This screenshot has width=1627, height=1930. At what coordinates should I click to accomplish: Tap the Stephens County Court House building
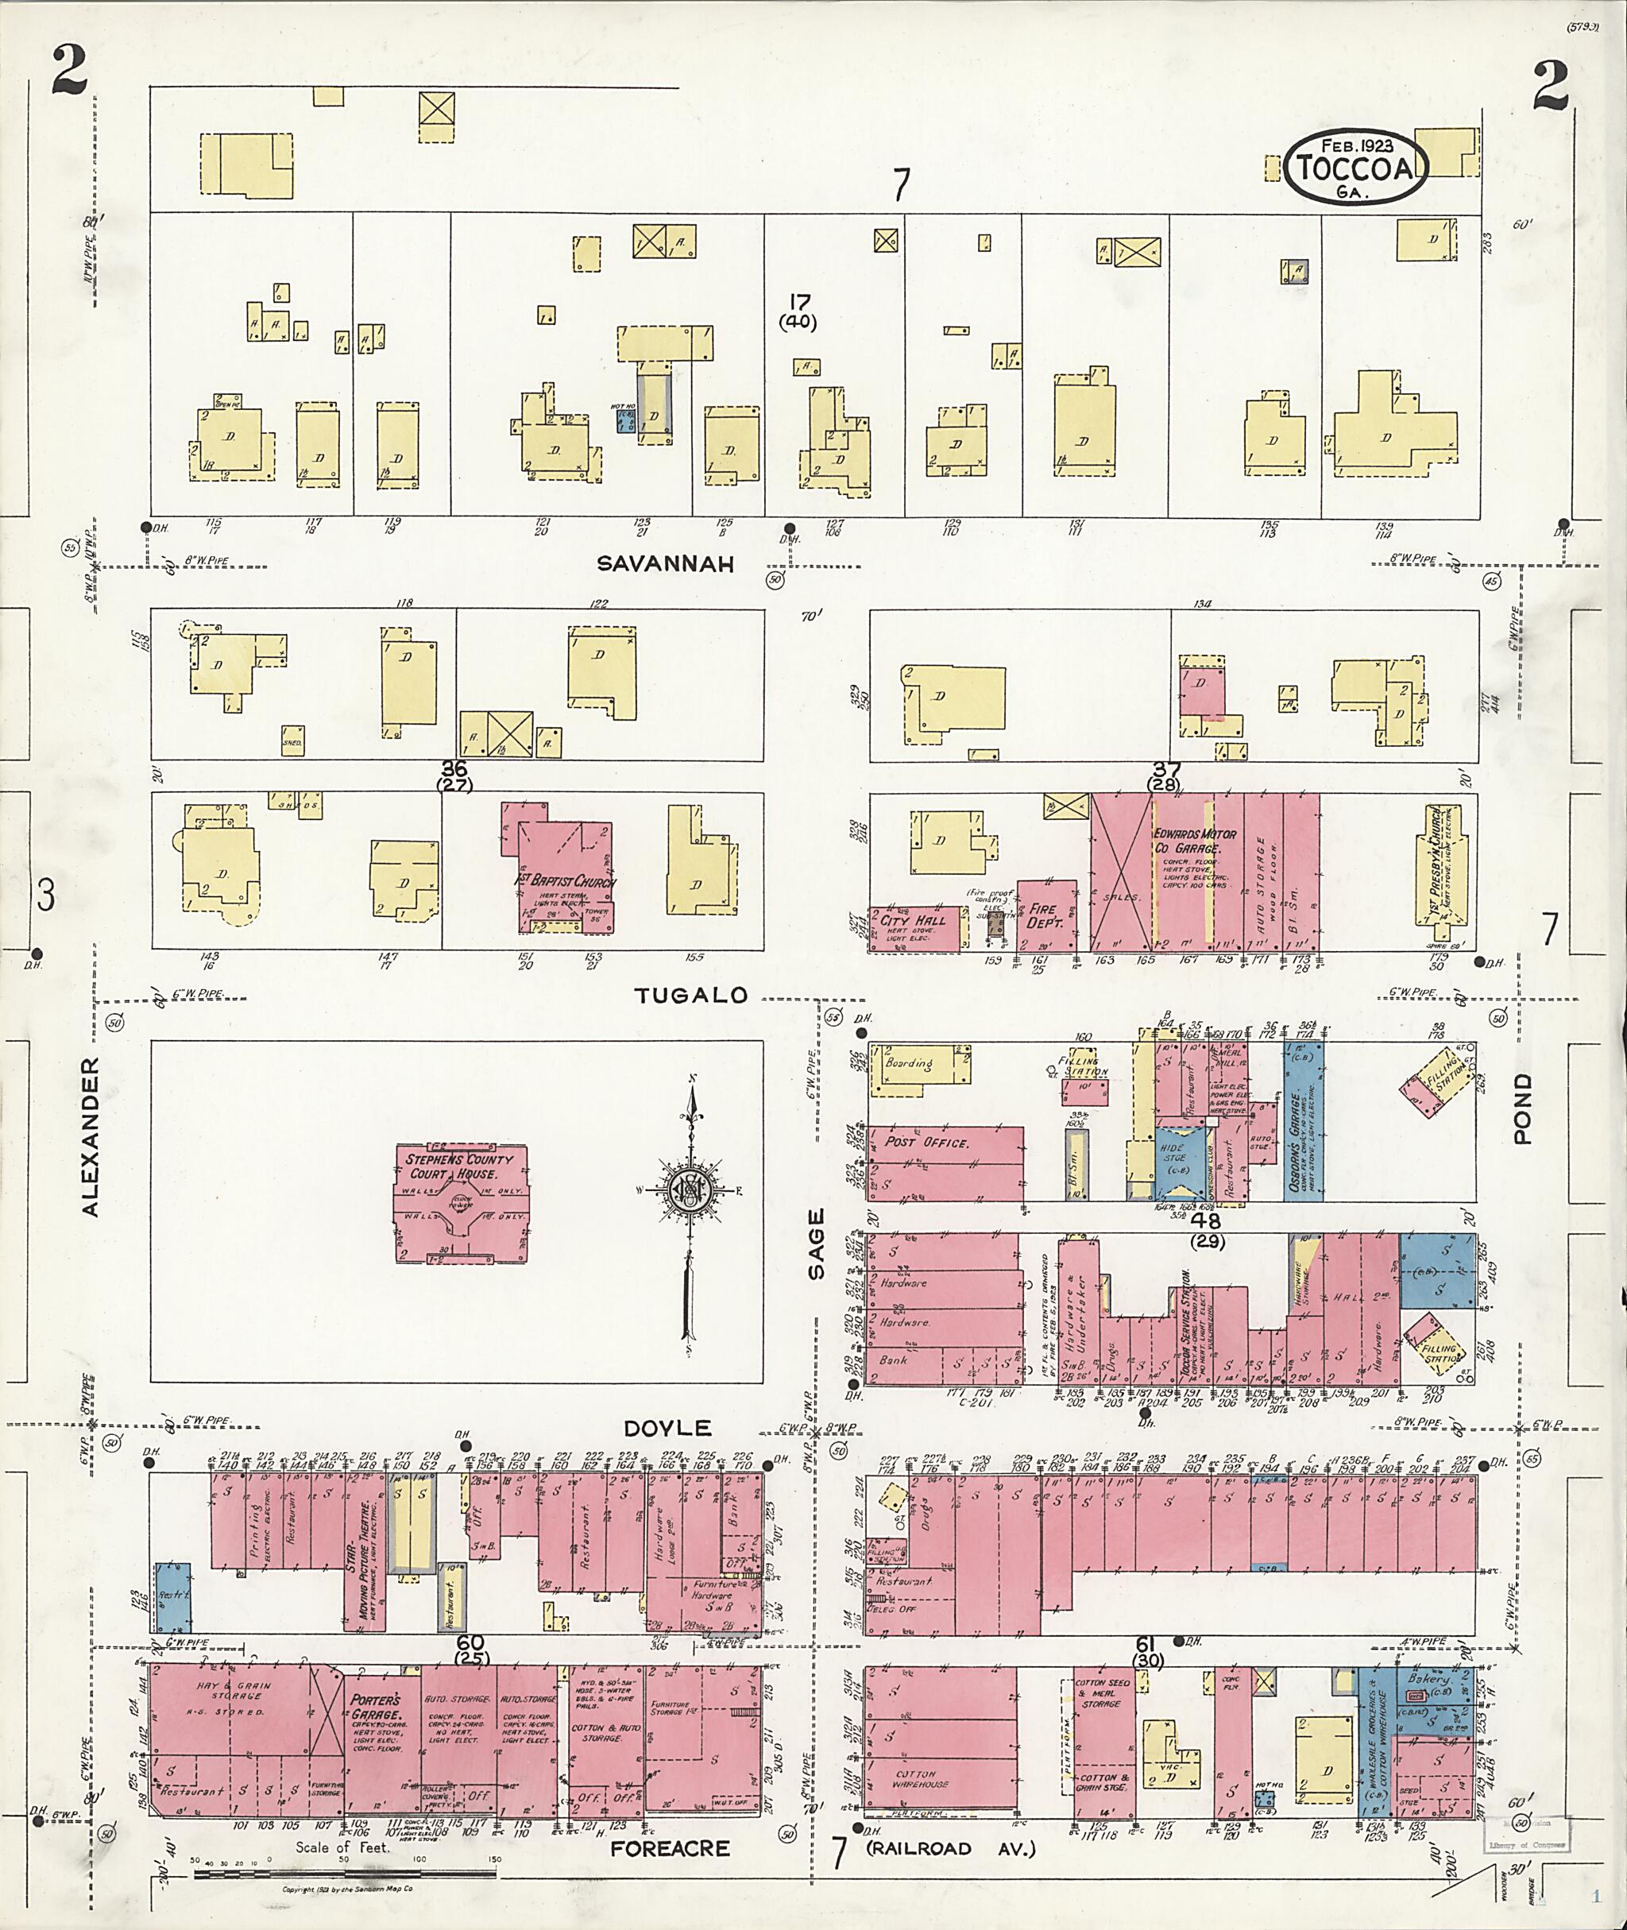[460, 1203]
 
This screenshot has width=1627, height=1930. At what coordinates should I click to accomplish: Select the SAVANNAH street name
[665, 563]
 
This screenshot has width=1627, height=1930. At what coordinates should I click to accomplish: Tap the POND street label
[1522, 1108]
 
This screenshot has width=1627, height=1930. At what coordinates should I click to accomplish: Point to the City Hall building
[913, 928]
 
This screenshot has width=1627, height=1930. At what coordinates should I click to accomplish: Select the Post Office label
[926, 1142]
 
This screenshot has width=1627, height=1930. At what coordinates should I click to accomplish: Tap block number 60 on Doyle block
[470, 1642]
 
